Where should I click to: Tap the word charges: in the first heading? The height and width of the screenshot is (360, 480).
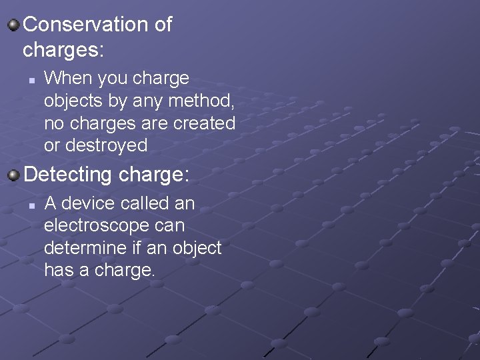pos(64,49)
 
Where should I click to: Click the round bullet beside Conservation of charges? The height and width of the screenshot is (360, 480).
pos(13,26)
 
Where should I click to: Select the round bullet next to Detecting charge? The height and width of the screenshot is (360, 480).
pos(13,176)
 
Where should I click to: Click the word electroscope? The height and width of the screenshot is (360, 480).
pos(96,225)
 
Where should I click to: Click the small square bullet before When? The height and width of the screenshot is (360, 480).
pos(31,80)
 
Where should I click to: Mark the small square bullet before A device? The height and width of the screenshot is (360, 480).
pos(31,205)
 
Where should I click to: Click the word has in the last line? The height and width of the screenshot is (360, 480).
pos(57,270)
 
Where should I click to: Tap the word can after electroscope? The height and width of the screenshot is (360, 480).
pos(169,225)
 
